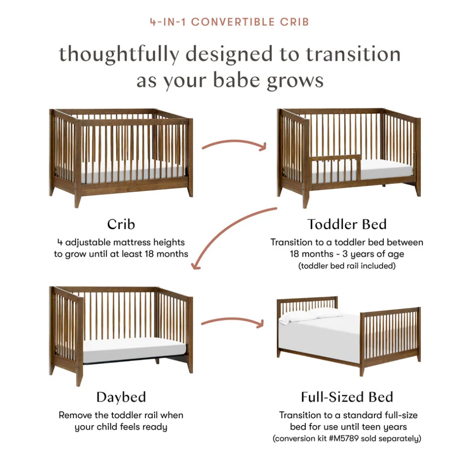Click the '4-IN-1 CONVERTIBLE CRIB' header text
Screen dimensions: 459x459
click(x=229, y=22)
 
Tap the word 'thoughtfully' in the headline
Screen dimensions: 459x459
click(x=119, y=55)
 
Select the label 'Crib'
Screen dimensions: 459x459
click(x=121, y=224)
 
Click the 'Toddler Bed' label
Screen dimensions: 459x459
click(x=347, y=224)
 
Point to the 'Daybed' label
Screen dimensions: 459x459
click(x=121, y=397)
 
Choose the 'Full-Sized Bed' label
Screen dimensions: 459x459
click(x=347, y=397)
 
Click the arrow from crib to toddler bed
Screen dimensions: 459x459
click(x=234, y=142)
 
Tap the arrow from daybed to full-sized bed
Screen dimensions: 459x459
click(x=233, y=319)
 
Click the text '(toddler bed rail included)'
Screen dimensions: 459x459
click(x=347, y=266)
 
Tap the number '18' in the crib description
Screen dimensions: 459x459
click(x=149, y=254)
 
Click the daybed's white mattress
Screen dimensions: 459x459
click(x=134, y=350)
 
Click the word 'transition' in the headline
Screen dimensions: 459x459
click(x=353, y=55)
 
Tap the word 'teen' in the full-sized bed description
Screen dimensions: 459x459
click(x=370, y=427)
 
